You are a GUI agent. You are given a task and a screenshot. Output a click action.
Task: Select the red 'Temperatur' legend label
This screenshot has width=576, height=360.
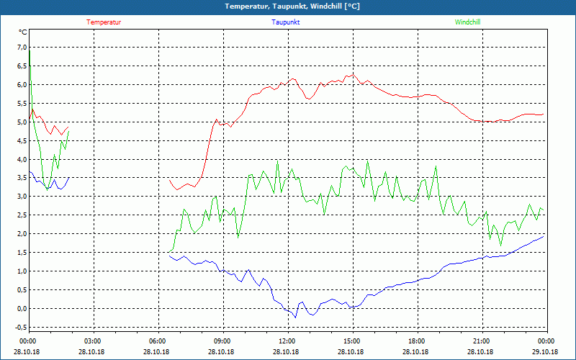104,22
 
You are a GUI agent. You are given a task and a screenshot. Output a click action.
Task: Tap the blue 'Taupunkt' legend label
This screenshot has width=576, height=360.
286,22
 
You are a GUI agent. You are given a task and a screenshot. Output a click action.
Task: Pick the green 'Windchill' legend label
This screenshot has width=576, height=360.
468,22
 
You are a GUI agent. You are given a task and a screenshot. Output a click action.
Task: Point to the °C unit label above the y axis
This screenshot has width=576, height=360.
23,32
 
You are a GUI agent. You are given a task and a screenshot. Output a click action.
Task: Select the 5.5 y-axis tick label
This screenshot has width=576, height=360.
22,103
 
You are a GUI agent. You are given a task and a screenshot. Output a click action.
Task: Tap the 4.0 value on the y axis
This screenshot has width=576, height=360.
22,159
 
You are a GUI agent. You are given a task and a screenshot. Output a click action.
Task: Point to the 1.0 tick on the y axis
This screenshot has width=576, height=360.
22,271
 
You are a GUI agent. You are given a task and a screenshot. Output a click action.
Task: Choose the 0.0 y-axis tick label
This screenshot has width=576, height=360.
22,309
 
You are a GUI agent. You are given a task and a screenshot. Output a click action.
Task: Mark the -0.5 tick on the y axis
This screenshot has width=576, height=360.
20,328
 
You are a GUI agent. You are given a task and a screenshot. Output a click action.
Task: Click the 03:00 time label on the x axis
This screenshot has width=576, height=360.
93,341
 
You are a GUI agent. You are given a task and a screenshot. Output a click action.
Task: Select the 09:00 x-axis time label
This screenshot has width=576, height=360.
222,341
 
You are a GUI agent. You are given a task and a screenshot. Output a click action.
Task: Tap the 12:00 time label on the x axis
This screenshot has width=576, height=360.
287,341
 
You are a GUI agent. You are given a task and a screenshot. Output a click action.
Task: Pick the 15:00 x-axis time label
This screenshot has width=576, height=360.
352,341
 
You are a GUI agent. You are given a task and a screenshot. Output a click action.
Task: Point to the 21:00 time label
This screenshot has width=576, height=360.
482,341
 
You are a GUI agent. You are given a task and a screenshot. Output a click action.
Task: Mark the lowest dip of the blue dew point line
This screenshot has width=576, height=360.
295,317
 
